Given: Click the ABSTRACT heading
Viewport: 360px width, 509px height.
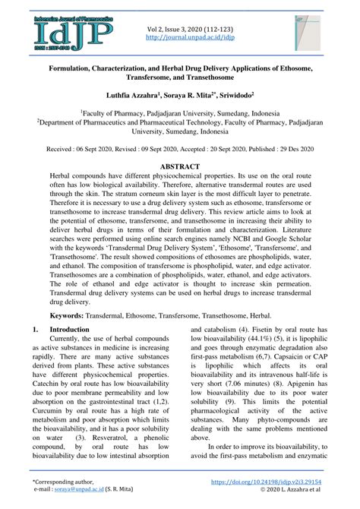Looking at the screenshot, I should (x=180, y=166).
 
